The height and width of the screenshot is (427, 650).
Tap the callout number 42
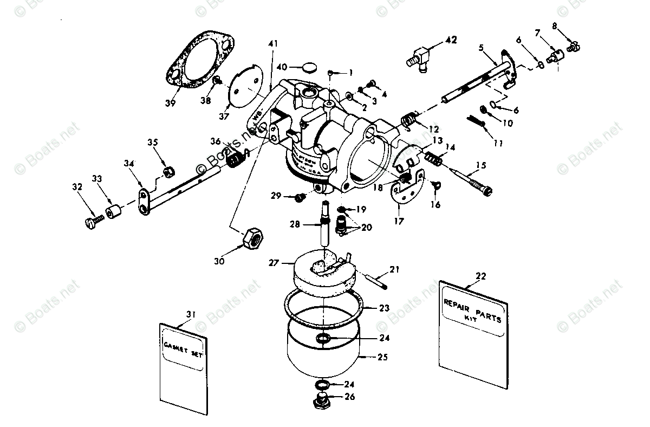pos(450,40)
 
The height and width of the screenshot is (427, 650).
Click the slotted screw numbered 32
pos(94,221)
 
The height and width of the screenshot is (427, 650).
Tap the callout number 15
pos(480,165)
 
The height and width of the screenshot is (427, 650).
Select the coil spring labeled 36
pos(236,159)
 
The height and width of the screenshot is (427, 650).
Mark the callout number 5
pos(481,47)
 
